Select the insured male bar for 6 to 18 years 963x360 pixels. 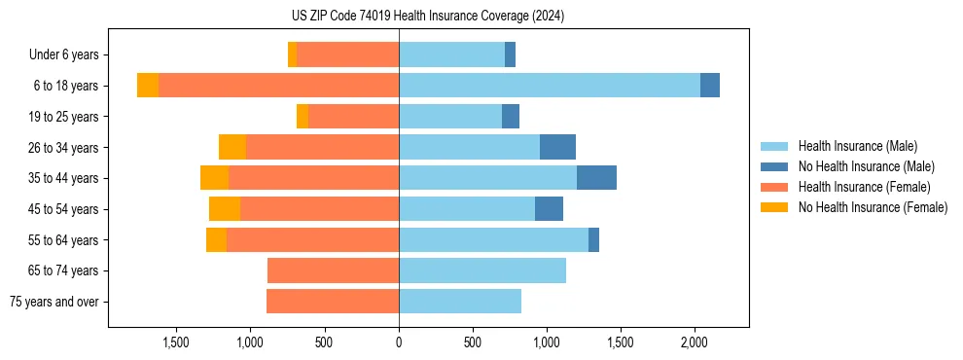[x=549, y=86]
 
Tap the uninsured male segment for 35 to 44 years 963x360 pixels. [x=596, y=178]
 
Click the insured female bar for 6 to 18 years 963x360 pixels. [x=278, y=86]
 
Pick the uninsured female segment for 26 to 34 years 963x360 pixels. [x=232, y=147]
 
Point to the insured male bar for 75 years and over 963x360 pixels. [x=459, y=302]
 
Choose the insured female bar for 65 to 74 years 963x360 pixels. [x=333, y=270]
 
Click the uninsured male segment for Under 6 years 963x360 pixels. [x=510, y=54]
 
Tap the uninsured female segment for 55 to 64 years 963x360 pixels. [x=216, y=239]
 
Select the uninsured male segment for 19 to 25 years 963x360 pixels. [x=511, y=117]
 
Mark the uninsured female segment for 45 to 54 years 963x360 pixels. [x=225, y=209]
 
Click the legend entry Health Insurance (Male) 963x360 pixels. [x=857, y=146]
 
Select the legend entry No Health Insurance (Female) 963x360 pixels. [x=873, y=207]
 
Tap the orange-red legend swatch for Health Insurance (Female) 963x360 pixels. [x=774, y=187]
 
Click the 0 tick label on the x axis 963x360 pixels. [x=399, y=342]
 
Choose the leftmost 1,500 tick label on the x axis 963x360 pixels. [x=176, y=342]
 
